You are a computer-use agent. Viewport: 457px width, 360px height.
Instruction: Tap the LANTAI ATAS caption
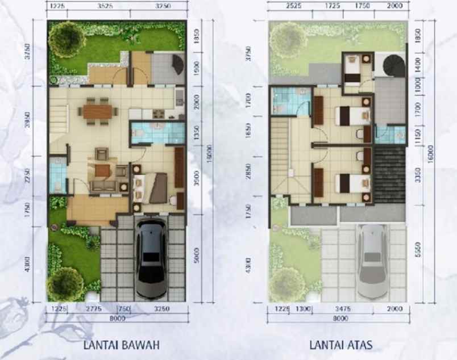pos(340,345)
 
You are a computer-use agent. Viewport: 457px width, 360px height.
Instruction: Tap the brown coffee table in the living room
pos(102,170)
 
